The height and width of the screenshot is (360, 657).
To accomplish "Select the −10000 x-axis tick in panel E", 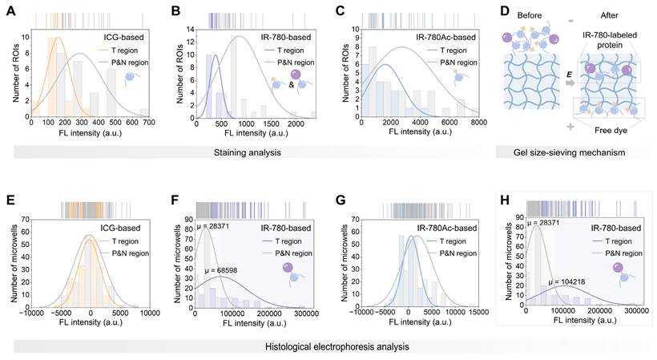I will pos(32,313).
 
